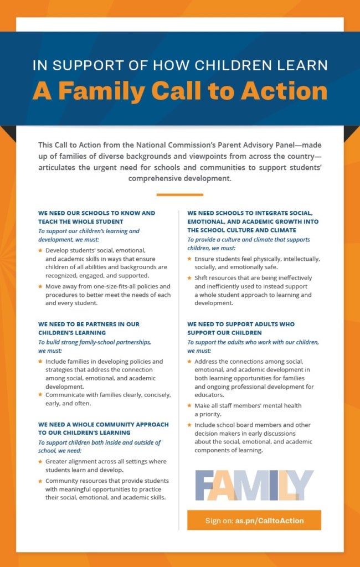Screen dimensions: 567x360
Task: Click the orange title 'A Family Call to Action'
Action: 179,91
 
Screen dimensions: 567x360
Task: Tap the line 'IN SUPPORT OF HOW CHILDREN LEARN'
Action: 179,65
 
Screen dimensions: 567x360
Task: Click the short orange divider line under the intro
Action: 179,194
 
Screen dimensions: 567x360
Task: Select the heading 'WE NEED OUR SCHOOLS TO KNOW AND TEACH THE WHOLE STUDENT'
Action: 97,217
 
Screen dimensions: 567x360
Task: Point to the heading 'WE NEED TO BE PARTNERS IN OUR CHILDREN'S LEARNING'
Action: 89,328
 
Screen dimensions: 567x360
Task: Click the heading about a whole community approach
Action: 103,428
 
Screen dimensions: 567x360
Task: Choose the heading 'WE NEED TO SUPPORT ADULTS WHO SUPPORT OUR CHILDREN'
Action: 241,328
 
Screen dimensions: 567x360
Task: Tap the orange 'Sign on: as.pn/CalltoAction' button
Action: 254,520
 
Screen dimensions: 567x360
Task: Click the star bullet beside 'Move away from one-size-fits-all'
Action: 40,286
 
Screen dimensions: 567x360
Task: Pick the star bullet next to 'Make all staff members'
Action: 189,405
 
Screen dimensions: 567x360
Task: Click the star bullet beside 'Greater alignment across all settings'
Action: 40,461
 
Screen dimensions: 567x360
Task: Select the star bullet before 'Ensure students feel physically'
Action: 189,259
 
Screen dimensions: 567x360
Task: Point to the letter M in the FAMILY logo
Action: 249,485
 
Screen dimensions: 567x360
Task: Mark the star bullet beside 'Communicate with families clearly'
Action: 40,395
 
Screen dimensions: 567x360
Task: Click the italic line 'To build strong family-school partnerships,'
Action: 95,342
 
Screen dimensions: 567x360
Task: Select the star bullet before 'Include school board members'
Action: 189,425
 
